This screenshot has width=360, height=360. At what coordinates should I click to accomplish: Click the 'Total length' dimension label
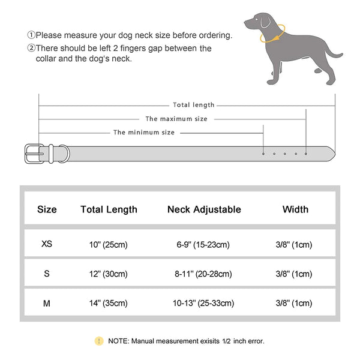[x=193, y=105]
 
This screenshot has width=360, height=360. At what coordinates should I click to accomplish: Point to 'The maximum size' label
[x=176, y=119]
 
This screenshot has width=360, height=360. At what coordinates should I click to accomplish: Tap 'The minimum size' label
[x=144, y=132]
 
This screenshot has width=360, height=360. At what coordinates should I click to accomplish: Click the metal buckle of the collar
[x=33, y=153]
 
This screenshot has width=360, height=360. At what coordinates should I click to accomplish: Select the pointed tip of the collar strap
[x=331, y=153]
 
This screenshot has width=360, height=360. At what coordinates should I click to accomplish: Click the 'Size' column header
[x=47, y=209]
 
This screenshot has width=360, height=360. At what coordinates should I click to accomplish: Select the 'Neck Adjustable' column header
[x=204, y=209]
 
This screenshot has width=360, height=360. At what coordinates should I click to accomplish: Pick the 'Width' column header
[x=295, y=209]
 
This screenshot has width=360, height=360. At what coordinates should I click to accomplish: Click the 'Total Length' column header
[x=109, y=209]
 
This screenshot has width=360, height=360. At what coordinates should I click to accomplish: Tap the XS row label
[x=47, y=244]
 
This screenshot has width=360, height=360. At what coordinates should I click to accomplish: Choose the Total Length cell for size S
[x=109, y=274]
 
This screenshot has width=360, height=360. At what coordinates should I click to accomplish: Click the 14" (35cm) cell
[x=109, y=304]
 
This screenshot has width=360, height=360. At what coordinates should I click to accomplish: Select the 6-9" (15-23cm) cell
[x=204, y=244]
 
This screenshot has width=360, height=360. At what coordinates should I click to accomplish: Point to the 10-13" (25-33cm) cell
[x=204, y=304]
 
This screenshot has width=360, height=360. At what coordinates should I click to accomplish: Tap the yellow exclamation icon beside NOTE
[x=98, y=341]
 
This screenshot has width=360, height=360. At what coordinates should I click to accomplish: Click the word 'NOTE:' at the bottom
[x=119, y=341]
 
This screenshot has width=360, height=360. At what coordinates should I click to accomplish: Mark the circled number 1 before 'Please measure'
[x=31, y=35]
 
